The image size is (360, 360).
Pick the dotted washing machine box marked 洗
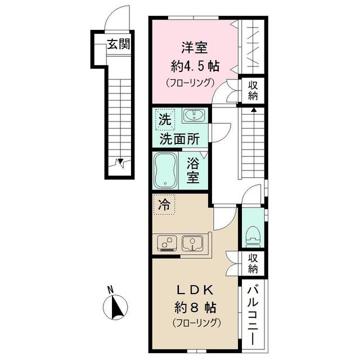pyautogui.click(x=164, y=119)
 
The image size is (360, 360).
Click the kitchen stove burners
pyautogui.click(x=166, y=243)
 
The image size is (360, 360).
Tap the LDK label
pyautogui.click(x=195, y=291)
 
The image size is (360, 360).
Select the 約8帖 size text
pyautogui.click(x=196, y=308)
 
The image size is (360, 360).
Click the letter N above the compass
pyautogui.click(x=111, y=290)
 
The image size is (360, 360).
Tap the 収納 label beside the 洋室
pyautogui.click(x=253, y=91)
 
